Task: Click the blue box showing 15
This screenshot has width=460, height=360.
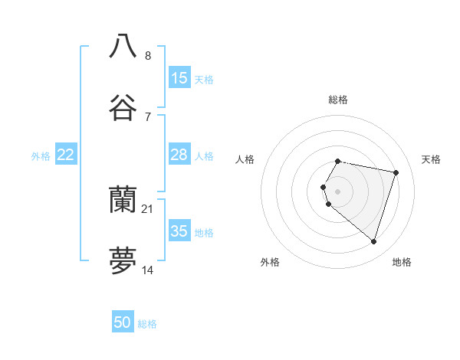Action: [x=179, y=78]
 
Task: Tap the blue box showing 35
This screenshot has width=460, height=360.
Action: [x=179, y=231]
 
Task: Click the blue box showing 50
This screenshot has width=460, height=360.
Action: [x=123, y=322]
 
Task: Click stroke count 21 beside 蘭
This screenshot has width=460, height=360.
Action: [x=148, y=208]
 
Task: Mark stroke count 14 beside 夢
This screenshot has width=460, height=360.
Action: [x=148, y=270]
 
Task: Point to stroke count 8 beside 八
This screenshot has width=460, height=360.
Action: [x=148, y=55]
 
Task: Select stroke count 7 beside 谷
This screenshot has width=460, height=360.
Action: [x=148, y=117]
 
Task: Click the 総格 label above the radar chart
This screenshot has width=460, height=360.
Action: [x=338, y=100]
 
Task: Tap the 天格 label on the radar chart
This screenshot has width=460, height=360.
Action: [x=432, y=159]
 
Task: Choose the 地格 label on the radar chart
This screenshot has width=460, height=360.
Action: [x=402, y=262]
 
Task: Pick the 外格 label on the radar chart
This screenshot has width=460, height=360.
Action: [x=270, y=262]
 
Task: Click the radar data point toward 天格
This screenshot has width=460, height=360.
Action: [x=396, y=172]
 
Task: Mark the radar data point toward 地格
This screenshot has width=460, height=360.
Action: [x=373, y=241]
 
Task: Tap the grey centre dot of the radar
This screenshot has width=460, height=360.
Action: [x=338, y=191]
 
